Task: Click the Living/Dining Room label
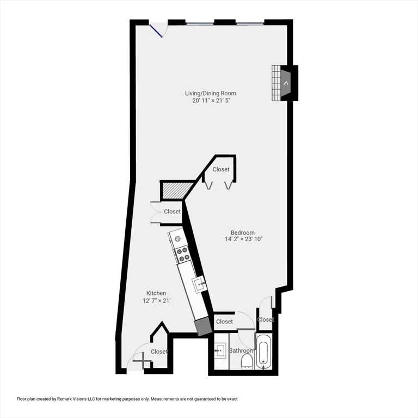pos(210,93)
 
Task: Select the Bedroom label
pos(243,232)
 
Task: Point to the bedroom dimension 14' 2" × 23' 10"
pos(243,239)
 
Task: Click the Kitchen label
pos(156,293)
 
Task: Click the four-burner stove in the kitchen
pos(182,253)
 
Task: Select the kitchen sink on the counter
pos(200,282)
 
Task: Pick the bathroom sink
pos(220,350)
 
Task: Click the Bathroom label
pos(241,351)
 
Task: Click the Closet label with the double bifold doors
pos(221,169)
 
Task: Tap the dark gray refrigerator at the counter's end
pos(202,326)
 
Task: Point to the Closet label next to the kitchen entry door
pos(159,352)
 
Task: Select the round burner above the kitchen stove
pos(177,238)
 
